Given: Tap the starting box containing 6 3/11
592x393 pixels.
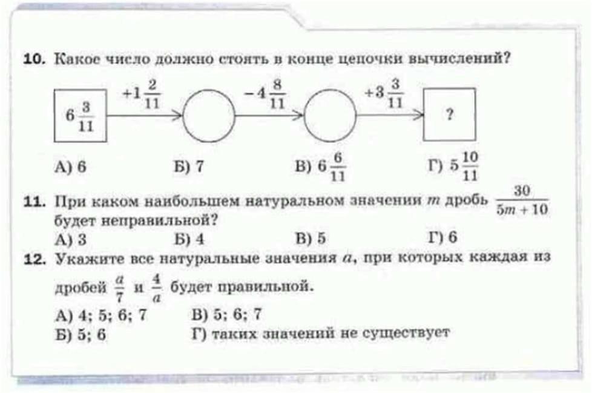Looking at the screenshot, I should [x=81, y=115].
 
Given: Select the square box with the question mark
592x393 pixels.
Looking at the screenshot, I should [x=449, y=114].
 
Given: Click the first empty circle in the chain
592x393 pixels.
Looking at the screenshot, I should [x=209, y=114].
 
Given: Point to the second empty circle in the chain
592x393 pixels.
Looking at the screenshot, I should [x=330, y=114].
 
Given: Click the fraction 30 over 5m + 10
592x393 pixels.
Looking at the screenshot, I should [x=522, y=202].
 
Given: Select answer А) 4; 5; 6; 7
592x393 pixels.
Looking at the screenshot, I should [x=101, y=315].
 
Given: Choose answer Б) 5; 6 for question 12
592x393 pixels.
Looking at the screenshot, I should [x=81, y=334].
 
